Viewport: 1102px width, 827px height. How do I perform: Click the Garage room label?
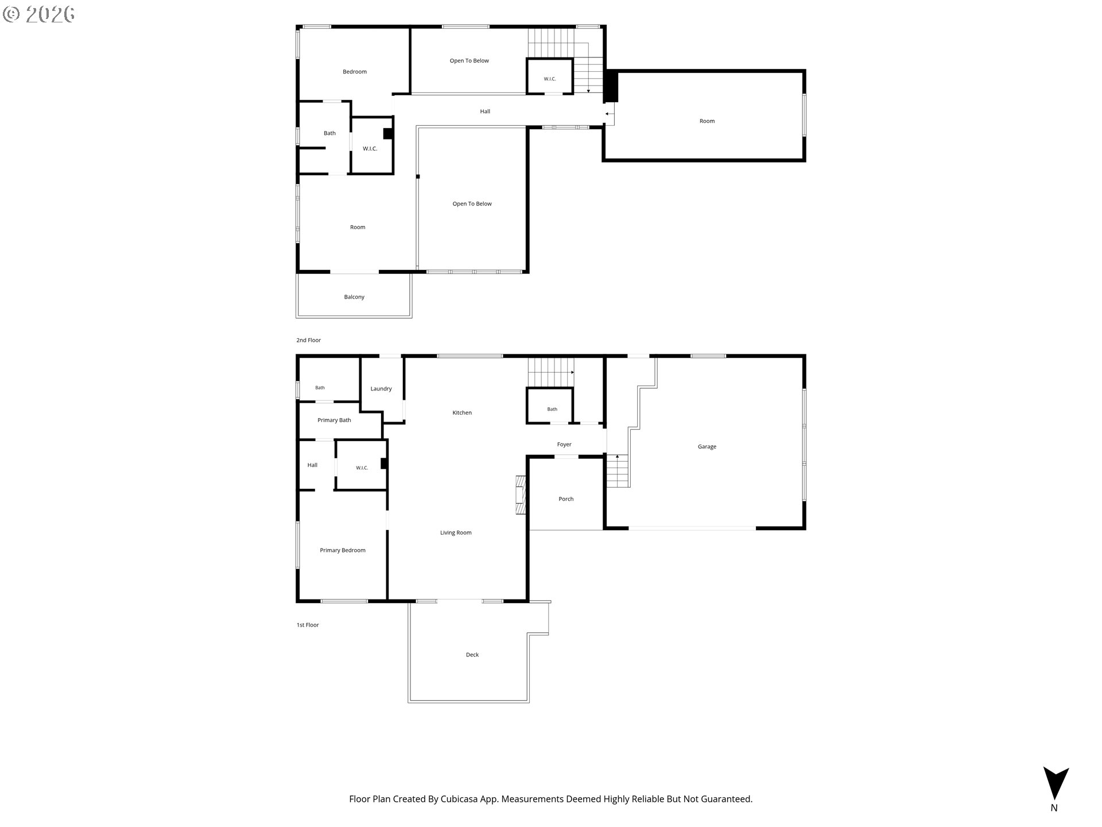point(707,447)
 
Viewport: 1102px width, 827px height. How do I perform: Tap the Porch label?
point(566,499)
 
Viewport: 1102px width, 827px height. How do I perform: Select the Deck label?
point(472,655)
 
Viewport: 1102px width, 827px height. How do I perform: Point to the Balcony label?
point(354,297)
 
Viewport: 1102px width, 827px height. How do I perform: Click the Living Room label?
point(456,533)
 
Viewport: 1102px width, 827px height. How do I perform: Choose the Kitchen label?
point(462,413)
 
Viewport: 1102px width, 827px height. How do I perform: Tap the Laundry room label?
point(381,389)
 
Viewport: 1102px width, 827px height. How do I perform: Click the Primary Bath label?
point(334,420)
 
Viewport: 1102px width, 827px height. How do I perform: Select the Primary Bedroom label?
point(343,550)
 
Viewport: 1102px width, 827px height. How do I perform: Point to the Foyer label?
point(564,445)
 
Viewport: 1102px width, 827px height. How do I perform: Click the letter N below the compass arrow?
point(1054,808)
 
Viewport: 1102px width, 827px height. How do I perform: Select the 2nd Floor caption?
point(308,340)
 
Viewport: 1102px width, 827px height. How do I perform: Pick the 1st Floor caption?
point(308,625)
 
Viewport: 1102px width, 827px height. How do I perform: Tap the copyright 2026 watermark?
point(38,14)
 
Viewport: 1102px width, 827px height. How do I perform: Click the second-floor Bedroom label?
point(355,72)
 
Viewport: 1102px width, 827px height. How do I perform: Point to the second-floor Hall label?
point(485,111)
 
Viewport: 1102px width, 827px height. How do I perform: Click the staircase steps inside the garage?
point(618,470)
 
